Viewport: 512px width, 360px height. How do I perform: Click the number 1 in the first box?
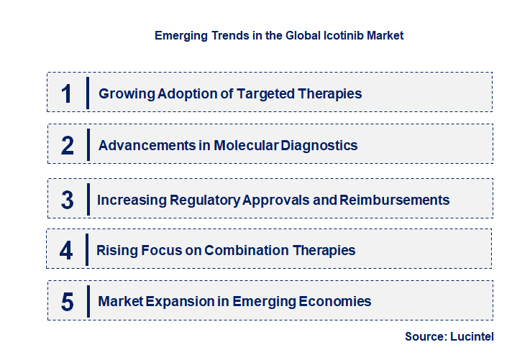pyautogui.click(x=67, y=93)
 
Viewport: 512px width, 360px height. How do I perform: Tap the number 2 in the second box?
pyautogui.click(x=68, y=145)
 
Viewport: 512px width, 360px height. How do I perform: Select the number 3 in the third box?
pyautogui.click(x=68, y=200)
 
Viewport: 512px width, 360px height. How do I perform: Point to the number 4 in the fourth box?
pyautogui.click(x=66, y=250)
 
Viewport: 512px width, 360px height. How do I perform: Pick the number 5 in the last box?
pyautogui.click(x=68, y=302)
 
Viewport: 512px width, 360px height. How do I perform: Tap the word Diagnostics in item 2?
pyautogui.click(x=320, y=145)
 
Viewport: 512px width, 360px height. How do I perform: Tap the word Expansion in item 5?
pyautogui.click(x=174, y=302)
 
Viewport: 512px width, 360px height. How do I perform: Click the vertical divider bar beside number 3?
pyautogui.click(x=86, y=199)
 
